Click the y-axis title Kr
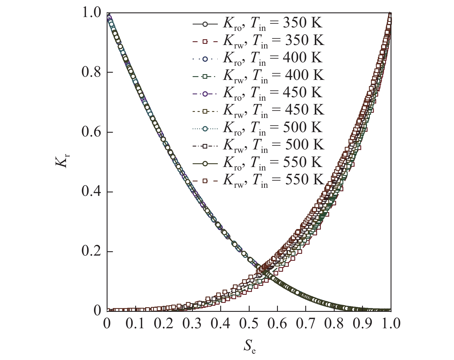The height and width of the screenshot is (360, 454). tap(61, 162)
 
